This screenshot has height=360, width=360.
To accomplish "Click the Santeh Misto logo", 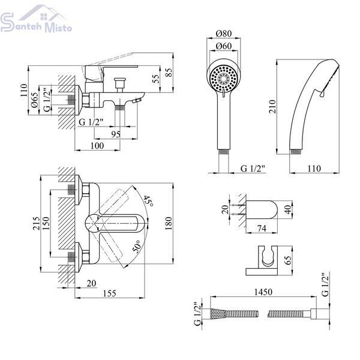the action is click(35, 19).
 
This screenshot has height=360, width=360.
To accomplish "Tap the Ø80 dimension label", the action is click(224, 34).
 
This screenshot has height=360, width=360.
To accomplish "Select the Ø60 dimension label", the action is click(224, 46).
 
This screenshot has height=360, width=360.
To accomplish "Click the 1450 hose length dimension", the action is click(263, 292).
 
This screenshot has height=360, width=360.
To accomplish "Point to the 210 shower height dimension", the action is click(272, 107).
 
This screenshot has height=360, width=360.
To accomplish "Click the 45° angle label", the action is click(148, 201).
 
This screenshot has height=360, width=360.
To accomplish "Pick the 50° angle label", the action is click(137, 247).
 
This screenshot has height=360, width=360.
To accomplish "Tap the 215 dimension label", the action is click(36, 223).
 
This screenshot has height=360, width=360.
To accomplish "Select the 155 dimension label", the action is click(110, 293).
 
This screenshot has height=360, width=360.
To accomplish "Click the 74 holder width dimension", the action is click(262, 229).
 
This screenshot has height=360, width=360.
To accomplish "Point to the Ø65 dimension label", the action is click(34, 100).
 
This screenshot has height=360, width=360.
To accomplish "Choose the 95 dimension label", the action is click(116, 134).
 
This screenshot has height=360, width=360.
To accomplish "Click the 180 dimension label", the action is click(168, 223).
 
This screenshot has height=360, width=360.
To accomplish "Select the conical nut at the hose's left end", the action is click(218, 314).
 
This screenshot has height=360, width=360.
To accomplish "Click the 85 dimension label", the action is click(169, 73).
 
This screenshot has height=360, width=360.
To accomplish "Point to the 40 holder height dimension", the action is click(289, 209).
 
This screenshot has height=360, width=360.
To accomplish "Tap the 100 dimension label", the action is click(97, 146).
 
